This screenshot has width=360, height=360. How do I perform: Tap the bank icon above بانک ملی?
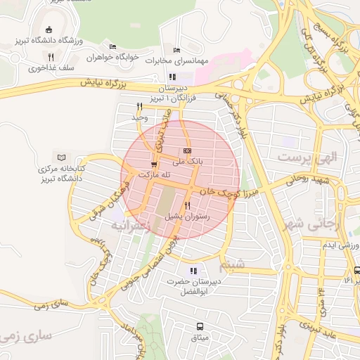(187, 150)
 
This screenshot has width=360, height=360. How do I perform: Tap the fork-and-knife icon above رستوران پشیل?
(187, 206)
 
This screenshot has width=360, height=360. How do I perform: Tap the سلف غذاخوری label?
(44, 69)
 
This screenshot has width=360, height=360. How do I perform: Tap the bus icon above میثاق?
(200, 326)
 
